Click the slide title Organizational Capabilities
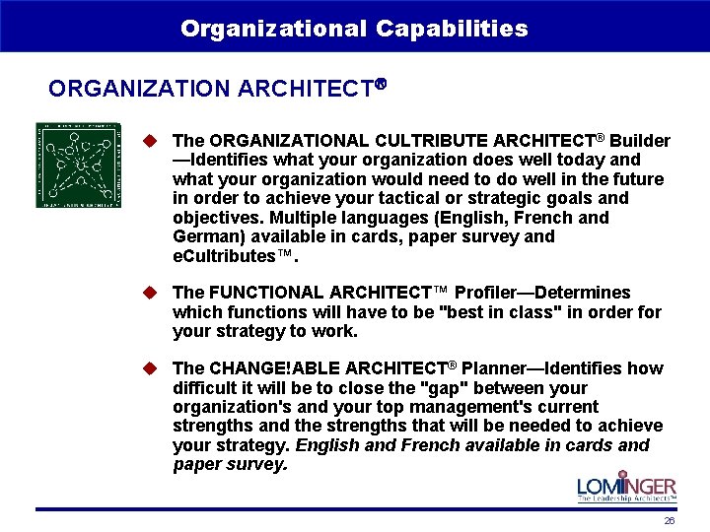point(354,29)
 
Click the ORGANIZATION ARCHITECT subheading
point(215,89)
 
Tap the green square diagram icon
point(79,165)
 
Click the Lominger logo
point(626,488)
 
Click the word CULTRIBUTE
point(435,141)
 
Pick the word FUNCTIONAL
point(265,293)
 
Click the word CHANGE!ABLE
point(263,368)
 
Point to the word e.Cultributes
point(229,256)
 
